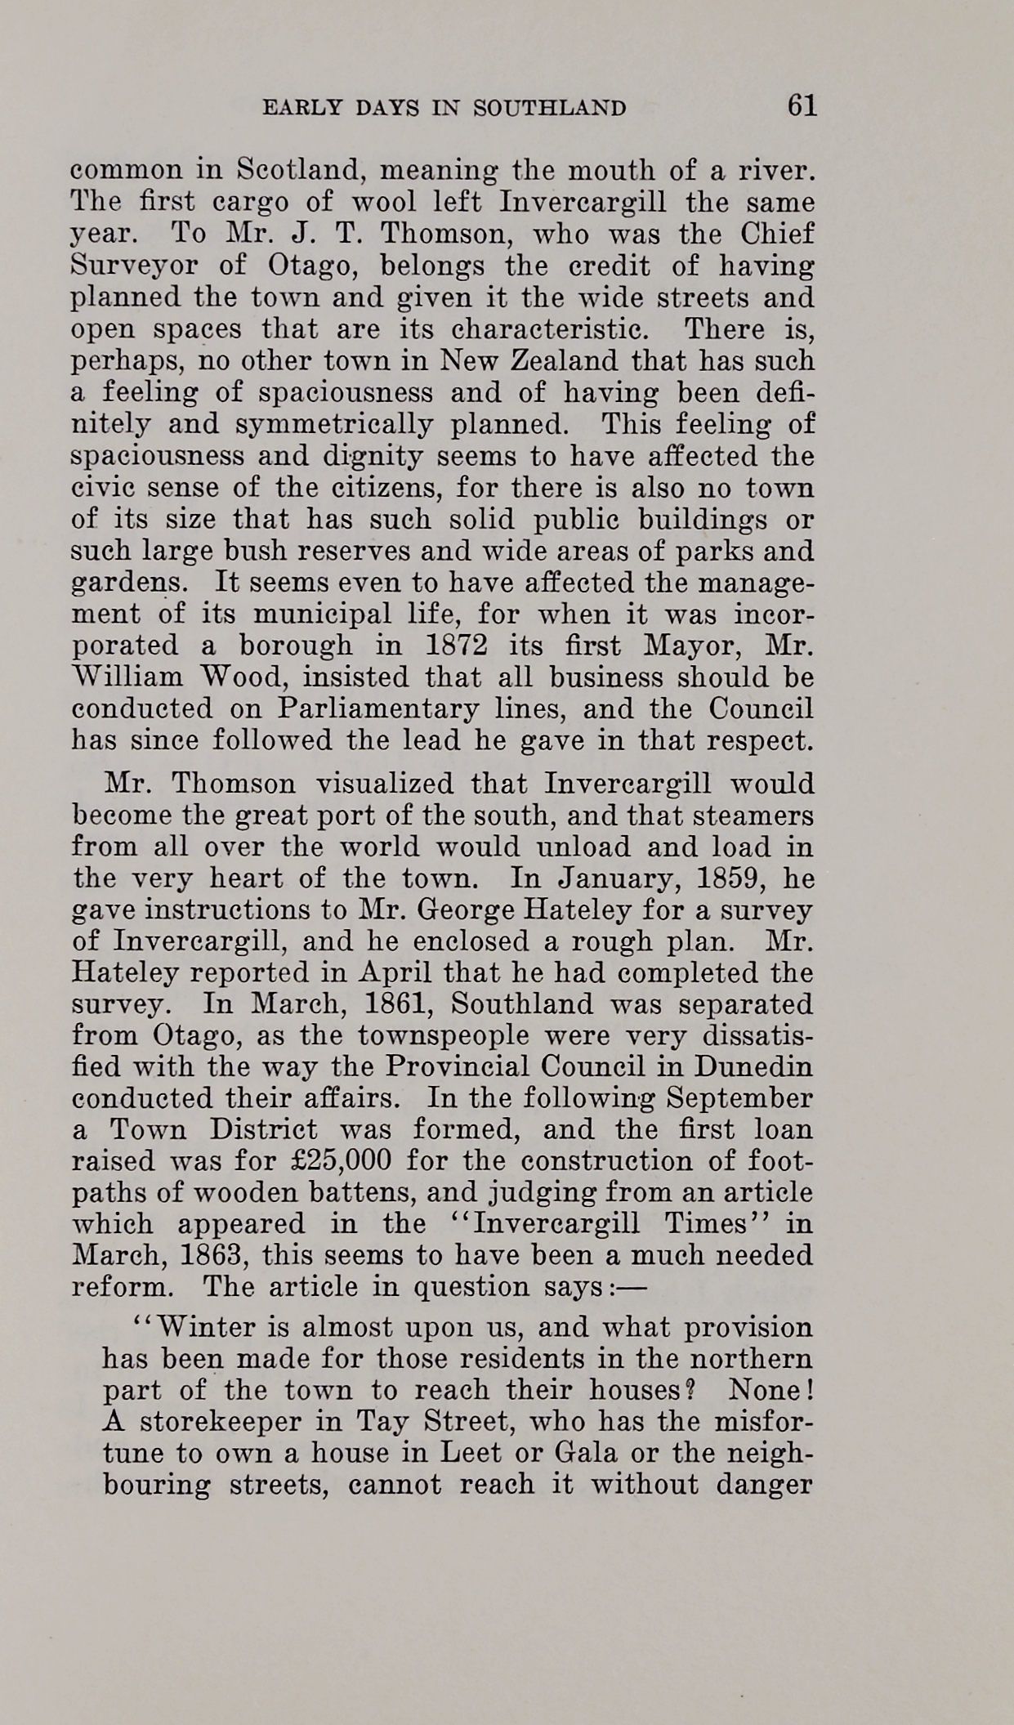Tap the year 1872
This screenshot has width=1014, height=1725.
[x=457, y=646]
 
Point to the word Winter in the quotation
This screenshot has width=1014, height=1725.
[x=198, y=1328]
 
